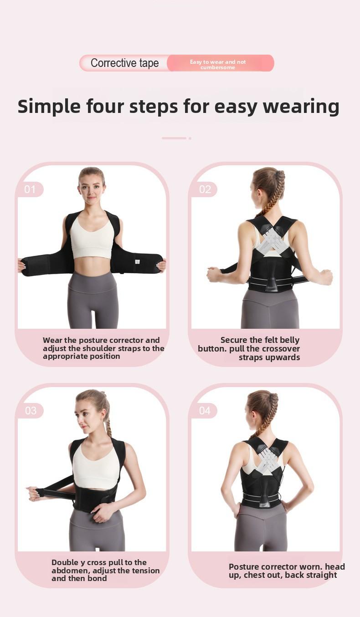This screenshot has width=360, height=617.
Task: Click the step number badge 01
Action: point(30,189)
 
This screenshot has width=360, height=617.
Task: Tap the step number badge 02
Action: point(205,189)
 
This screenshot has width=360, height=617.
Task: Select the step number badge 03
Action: point(30,411)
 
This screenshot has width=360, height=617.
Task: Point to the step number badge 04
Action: point(205,411)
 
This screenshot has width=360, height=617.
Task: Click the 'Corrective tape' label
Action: point(124,63)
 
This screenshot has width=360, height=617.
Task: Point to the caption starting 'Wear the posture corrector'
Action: point(103,348)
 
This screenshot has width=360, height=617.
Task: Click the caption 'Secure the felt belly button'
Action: point(249,349)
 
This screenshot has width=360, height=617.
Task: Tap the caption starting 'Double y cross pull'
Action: point(105,570)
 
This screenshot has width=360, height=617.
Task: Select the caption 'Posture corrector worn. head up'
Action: point(287,571)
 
